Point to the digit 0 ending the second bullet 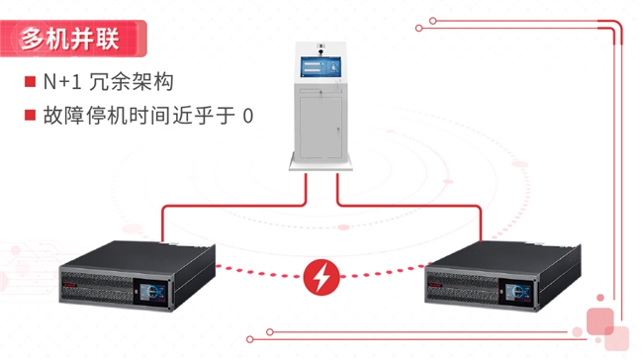pyautogui.click(x=247, y=116)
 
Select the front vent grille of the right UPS pyautogui.click(x=470, y=292)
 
